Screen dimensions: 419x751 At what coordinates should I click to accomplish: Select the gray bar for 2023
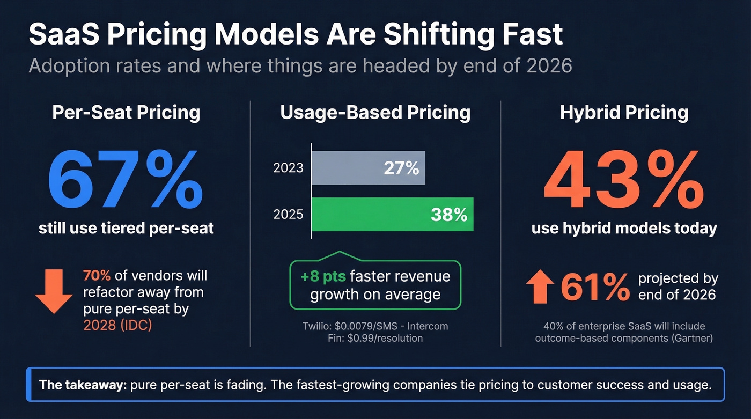pos(368,168)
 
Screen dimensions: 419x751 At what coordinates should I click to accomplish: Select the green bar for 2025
pos(392,215)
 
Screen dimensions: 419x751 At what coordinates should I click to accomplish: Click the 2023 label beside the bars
pos(288,168)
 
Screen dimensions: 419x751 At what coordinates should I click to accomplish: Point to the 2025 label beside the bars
pos(288,215)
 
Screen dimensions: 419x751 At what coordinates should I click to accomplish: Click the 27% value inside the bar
pos(401,168)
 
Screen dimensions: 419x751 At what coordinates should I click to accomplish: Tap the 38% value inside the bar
pos(448,215)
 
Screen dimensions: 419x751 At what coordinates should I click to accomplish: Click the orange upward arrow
pos(541,287)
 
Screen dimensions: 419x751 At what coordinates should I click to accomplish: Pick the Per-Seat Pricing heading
pos(126,113)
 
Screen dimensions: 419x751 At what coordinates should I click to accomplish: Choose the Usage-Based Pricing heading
pos(375,113)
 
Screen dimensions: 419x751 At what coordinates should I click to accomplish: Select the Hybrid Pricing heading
pos(624,113)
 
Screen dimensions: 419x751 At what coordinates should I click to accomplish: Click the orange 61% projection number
pos(595,287)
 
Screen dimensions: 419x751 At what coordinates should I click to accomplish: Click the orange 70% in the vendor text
pos(97,276)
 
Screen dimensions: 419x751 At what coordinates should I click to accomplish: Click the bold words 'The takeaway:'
pos(83,385)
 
